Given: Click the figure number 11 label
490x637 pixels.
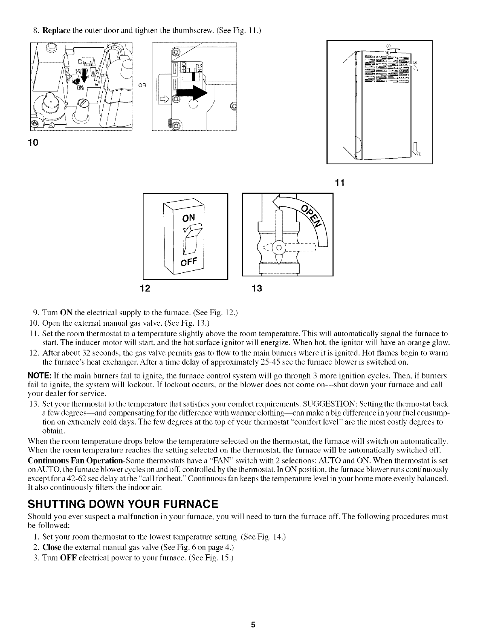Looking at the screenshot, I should pyautogui.click(x=339, y=183).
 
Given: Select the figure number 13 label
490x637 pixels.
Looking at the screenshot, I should pyautogui.click(x=257, y=288).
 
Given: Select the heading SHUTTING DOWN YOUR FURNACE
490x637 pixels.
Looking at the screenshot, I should pyautogui.click(x=122, y=504).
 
